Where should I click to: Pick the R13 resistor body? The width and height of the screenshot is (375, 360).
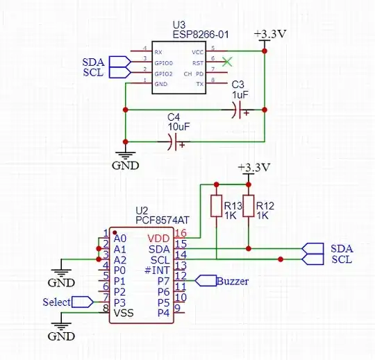[x=216, y=207]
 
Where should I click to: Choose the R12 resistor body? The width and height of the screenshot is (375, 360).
[x=248, y=207]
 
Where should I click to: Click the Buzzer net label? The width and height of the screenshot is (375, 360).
[x=233, y=281]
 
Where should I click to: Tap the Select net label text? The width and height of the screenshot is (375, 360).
[x=56, y=302]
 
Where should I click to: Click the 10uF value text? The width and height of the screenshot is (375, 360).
[x=178, y=128]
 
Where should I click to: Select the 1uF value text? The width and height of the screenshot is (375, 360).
[x=240, y=94]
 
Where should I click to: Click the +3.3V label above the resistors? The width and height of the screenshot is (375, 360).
[x=251, y=168]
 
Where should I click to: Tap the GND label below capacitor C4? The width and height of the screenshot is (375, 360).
[x=126, y=166]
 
